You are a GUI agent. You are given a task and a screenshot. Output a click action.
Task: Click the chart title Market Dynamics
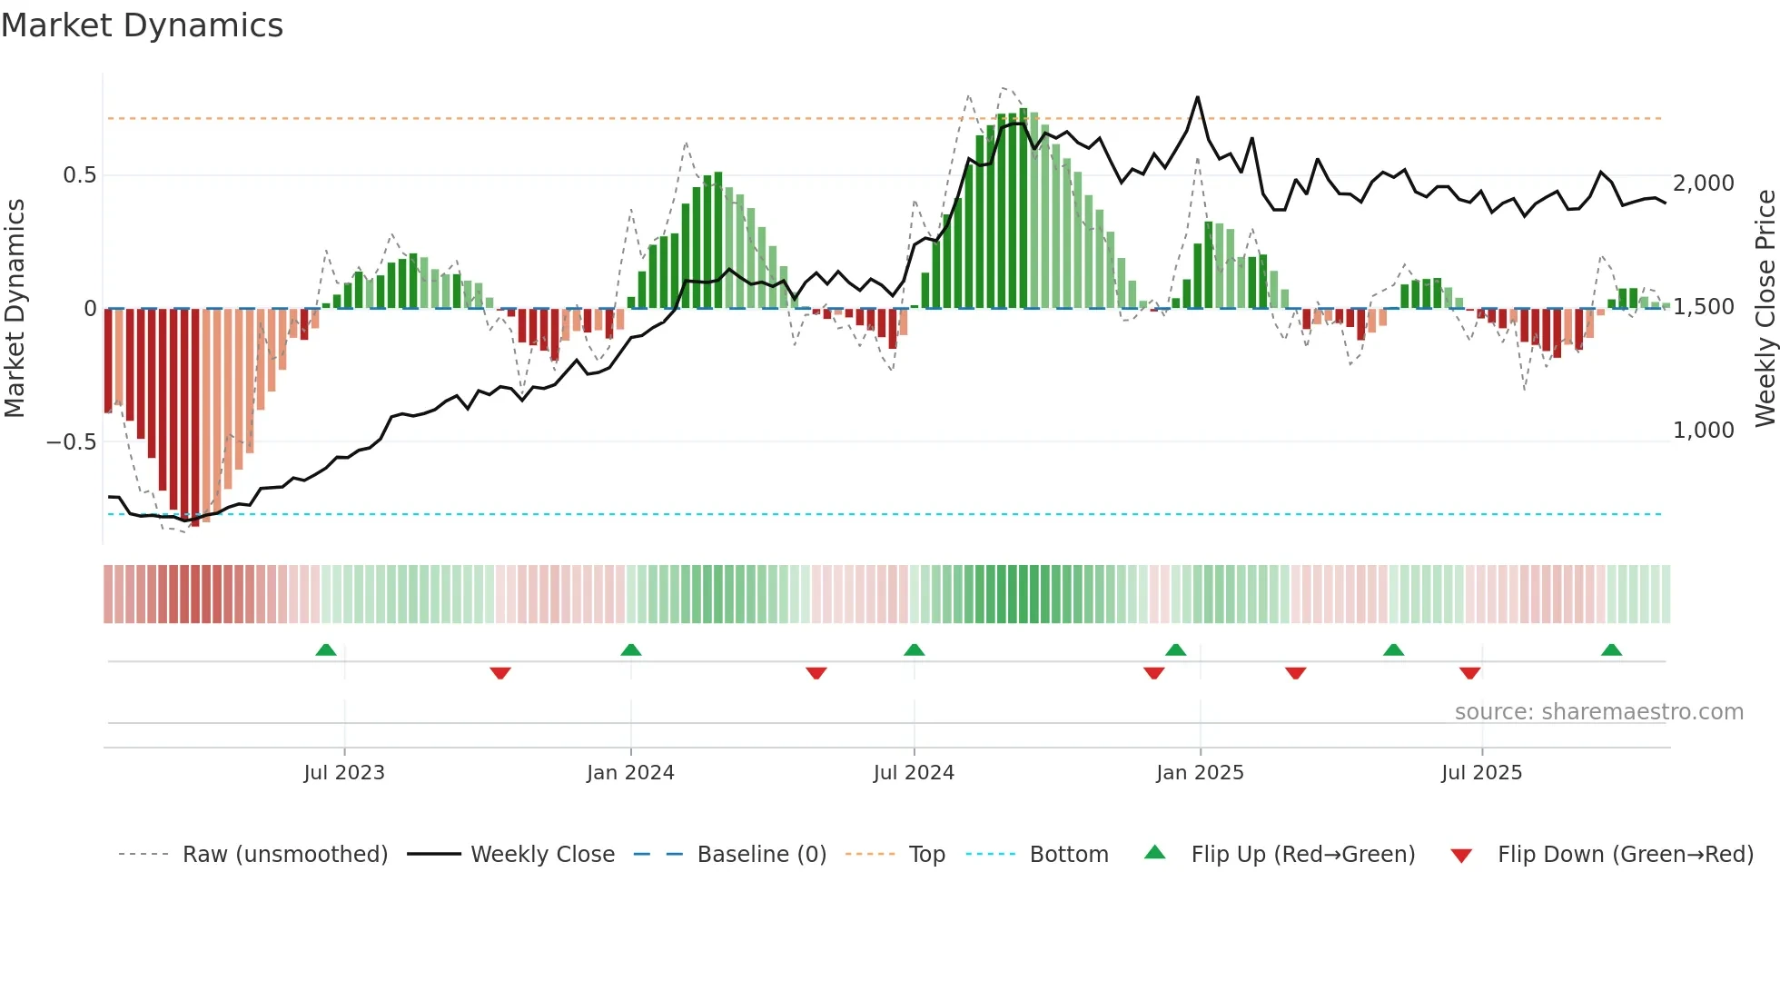[x=142, y=25]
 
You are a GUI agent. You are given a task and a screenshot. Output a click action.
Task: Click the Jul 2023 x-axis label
[x=344, y=773]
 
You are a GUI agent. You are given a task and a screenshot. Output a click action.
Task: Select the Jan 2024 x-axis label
[x=630, y=773]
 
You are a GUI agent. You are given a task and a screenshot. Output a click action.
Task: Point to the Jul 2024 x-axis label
[x=914, y=773]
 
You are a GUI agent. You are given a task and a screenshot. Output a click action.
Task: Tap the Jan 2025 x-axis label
[x=1200, y=773]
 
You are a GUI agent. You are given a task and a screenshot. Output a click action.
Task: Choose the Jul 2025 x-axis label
[x=1481, y=773]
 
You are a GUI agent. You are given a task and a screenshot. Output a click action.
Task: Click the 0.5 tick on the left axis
[x=80, y=175]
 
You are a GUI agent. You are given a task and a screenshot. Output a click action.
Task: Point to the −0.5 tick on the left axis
[x=72, y=442]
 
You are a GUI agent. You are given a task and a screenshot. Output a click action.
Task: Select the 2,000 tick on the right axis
[x=1704, y=183]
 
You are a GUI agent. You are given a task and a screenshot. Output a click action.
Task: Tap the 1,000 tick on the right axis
[x=1704, y=431]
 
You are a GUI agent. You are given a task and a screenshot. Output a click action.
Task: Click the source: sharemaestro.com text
[x=1598, y=712]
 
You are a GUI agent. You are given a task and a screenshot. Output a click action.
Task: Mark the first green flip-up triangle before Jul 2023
[x=326, y=649]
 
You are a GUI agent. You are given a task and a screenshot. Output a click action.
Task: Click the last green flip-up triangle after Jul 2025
[x=1611, y=649]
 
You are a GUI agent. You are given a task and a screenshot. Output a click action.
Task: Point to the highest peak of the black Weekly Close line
[x=1197, y=97]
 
